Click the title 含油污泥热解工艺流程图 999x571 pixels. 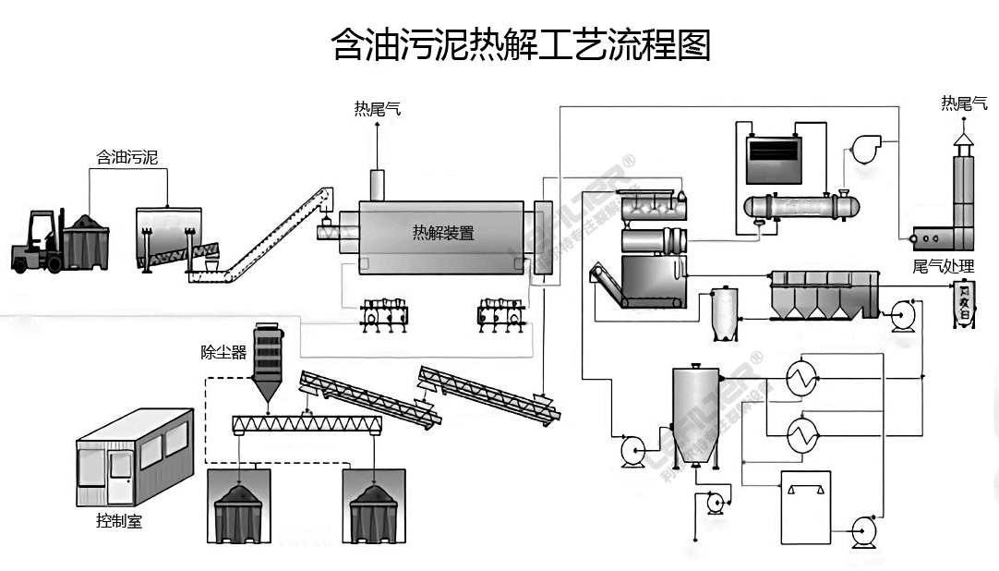tap(521, 43)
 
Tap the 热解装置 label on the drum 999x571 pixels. tap(443, 233)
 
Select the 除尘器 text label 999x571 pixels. tap(224, 352)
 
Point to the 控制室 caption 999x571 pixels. tap(119, 521)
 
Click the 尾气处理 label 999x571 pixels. tap(943, 266)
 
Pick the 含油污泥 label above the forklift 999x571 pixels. tap(127, 157)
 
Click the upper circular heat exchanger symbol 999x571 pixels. tap(800, 376)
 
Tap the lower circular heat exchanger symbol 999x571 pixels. tap(800, 434)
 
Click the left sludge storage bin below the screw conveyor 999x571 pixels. tap(240, 507)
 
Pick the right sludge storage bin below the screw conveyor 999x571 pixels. tap(375, 507)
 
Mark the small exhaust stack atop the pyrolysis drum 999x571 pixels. tap(377, 183)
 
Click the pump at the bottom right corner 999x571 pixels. tap(865, 529)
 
